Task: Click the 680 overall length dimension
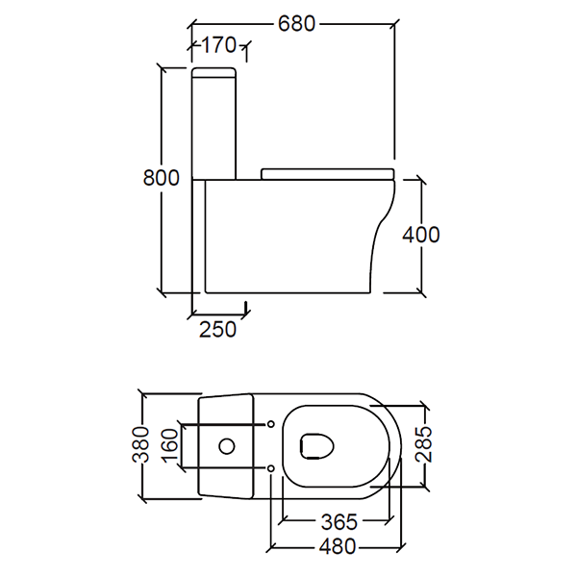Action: (296, 23)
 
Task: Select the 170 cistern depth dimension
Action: (218, 44)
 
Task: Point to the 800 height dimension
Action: (161, 178)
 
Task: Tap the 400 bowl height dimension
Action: (421, 235)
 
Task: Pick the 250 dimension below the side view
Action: (217, 329)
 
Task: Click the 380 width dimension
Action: (141, 445)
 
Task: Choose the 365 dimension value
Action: (339, 522)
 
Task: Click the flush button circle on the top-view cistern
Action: (228, 446)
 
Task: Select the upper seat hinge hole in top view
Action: (270, 424)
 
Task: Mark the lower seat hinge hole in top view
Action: (270, 468)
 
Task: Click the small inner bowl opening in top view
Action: (315, 445)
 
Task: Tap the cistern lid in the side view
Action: (215, 73)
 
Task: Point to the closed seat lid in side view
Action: (327, 173)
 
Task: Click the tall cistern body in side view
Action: (215, 125)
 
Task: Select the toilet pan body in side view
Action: (288, 236)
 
